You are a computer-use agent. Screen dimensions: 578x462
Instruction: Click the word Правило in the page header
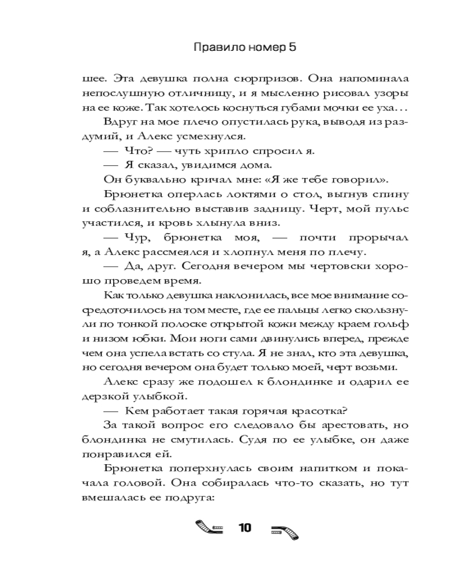tap(218, 48)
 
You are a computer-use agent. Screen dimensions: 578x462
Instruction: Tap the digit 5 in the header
tap(293, 48)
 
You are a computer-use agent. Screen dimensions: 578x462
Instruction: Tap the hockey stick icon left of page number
tap(210, 528)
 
